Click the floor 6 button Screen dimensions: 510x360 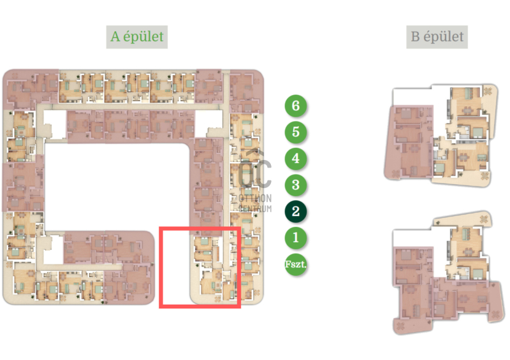[x=296, y=106]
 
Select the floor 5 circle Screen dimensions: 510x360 [x=296, y=132]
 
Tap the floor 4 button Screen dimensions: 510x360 [x=296, y=159]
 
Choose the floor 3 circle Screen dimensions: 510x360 [x=296, y=185]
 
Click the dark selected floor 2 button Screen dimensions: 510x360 [x=296, y=212]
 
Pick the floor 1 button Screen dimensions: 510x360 [x=296, y=238]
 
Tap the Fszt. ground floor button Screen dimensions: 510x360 [x=296, y=264]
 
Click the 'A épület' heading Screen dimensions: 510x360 [x=137, y=37]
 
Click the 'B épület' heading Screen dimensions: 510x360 [x=437, y=37]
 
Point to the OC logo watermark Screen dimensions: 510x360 [x=254, y=171]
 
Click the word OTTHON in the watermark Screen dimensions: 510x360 [x=255, y=198]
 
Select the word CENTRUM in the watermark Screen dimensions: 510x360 [x=255, y=208]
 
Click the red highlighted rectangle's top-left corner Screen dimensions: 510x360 [x=160, y=227]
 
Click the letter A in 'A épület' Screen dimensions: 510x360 [x=115, y=36]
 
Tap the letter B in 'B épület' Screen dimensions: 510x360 [x=415, y=36]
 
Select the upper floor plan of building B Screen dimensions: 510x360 [x=441, y=135]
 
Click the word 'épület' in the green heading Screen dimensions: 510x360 [x=143, y=37]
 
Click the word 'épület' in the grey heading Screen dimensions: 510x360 [x=443, y=37]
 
